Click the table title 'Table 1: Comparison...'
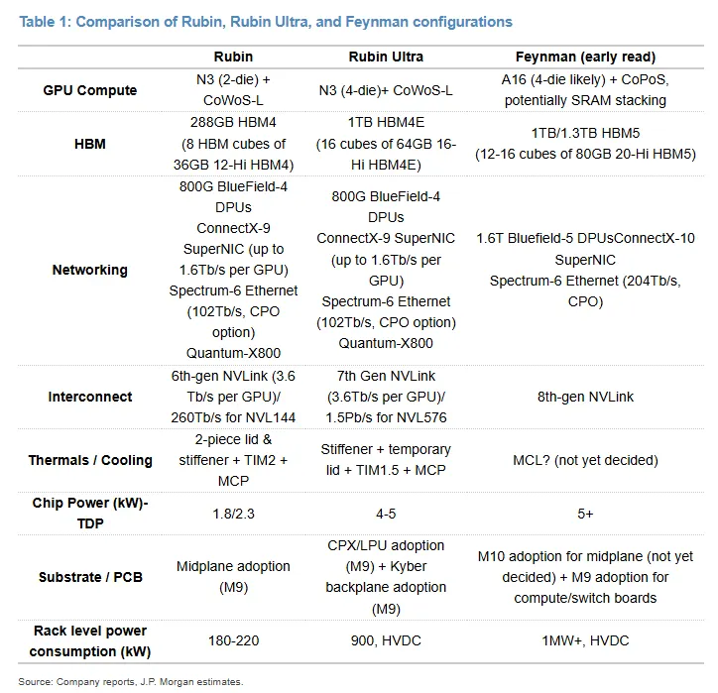[266, 22]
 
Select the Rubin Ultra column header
[386, 57]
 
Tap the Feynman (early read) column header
[585, 57]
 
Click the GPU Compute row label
[89, 90]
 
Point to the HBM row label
[89, 144]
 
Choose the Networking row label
[89, 270]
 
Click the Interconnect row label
[89, 397]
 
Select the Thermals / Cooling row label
[89, 460]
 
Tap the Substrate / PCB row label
[90, 577]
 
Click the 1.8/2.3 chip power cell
[233, 514]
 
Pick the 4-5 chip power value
[386, 514]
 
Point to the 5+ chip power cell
[585, 514]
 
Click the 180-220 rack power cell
[233, 640]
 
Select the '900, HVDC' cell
[386, 640]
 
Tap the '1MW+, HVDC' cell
[585, 640]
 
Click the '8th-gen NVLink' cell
[585, 397]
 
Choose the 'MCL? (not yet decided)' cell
[585, 460]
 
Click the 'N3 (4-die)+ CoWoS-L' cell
[386, 90]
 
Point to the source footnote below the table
[131, 681]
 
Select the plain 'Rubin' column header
[233, 57]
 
